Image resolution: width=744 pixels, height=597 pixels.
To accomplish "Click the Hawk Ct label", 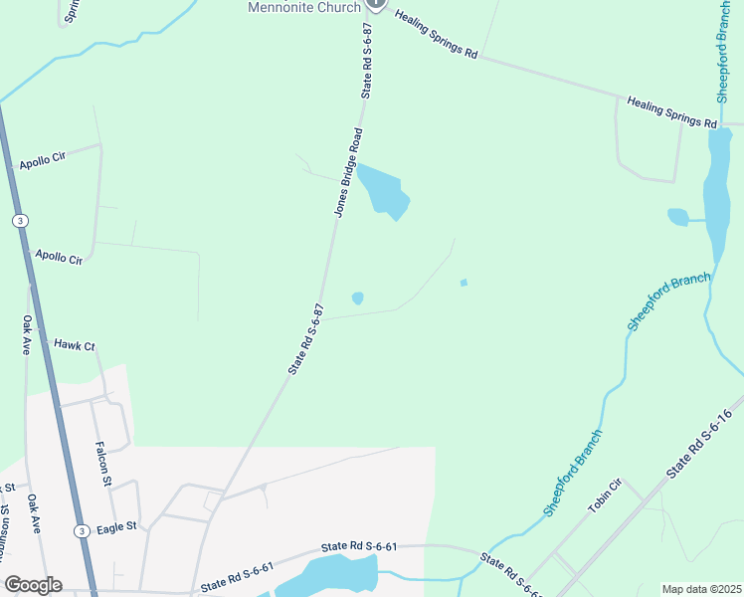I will (74, 345).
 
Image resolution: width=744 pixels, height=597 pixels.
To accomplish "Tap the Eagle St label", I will (116, 527).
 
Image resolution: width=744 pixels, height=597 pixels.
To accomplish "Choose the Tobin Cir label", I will (604, 496).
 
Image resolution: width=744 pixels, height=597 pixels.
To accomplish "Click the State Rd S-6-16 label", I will (699, 441).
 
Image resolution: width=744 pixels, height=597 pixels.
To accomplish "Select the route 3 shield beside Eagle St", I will (79, 530).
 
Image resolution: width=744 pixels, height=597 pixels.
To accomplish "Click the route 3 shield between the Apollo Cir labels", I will (19, 220).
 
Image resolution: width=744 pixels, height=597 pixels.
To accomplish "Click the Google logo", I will (33, 585).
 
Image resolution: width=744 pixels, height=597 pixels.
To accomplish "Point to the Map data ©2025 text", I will (701, 589).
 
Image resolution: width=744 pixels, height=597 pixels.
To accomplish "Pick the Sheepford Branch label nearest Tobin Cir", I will (574, 472).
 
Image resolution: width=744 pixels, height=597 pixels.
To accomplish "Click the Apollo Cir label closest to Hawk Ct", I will (59, 257).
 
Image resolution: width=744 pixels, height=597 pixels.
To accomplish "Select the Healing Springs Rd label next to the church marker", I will (437, 37).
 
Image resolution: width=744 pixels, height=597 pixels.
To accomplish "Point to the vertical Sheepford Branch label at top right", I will (724, 51).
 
